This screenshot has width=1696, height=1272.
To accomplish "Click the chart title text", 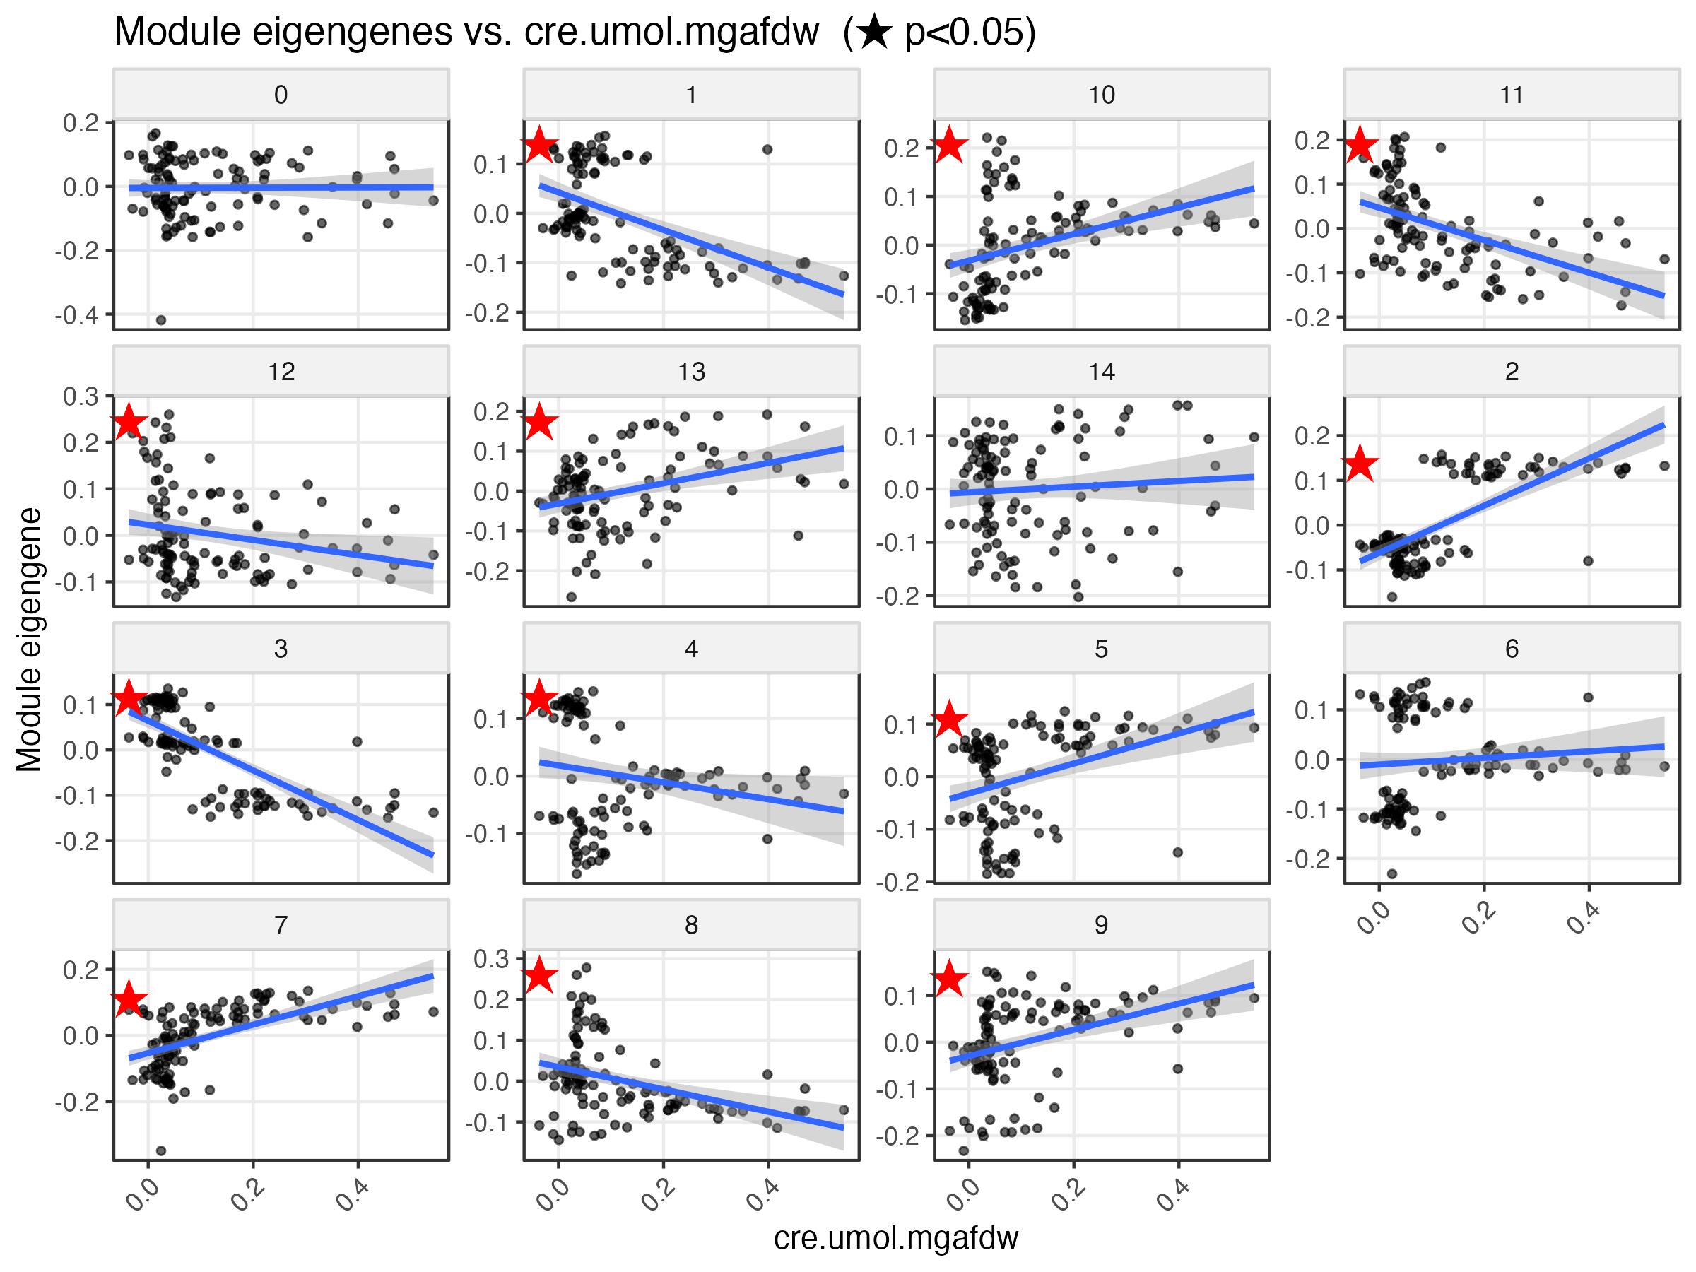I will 575,33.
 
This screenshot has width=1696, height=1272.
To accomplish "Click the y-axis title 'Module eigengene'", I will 29,639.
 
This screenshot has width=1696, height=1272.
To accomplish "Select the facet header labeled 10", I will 1101,94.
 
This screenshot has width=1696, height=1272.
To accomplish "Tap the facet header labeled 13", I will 691,371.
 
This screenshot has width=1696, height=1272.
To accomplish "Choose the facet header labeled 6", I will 1512,649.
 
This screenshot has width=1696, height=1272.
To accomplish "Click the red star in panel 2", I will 1360,463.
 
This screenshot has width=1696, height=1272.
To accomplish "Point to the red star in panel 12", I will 129,422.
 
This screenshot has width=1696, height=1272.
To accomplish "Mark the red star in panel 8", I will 539,974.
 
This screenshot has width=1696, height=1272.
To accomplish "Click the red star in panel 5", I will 949,719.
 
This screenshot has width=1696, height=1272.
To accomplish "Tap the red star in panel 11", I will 1360,144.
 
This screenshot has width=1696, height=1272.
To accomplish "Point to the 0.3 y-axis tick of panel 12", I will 81,396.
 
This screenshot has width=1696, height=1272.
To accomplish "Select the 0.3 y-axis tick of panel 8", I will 491,958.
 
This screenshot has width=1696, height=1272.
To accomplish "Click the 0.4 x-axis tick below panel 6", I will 1582,919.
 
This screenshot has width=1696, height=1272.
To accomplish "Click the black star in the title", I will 874,33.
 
